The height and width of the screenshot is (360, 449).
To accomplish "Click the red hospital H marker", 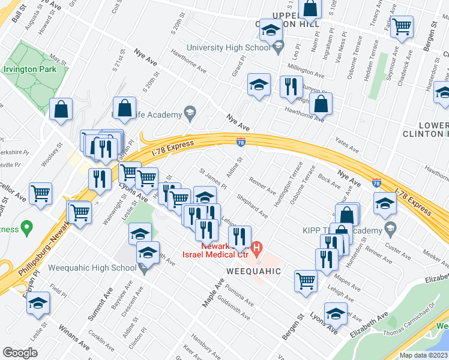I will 257,247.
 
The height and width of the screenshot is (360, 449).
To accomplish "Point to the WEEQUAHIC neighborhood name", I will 254,271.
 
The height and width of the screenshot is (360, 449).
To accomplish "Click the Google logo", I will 20,353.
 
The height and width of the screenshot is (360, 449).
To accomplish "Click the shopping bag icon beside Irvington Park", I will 61,109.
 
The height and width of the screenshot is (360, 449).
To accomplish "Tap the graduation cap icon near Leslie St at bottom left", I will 38,303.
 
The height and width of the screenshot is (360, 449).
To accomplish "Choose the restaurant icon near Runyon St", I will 291,85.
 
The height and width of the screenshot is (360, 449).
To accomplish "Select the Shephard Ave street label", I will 253,206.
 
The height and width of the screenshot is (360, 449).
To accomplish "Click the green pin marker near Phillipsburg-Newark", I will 26,227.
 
